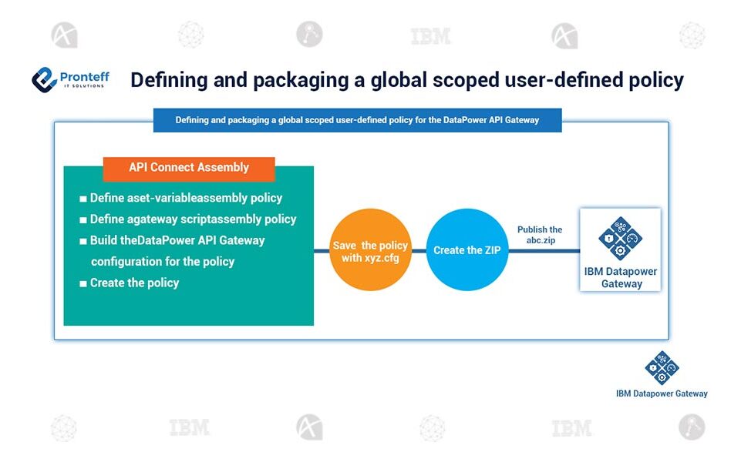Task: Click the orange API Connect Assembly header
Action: pos(189,167)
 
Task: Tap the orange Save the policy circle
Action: pos(370,251)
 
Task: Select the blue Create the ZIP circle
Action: pos(467,250)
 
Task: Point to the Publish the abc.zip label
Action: pos(539,234)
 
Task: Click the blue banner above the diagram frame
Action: pos(357,120)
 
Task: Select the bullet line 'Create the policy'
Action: pos(134,283)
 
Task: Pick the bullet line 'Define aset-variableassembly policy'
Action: pos(186,198)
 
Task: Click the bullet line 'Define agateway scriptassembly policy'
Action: pos(193,219)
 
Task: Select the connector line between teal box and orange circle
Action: pos(322,251)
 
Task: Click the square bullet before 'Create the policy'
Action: pos(83,283)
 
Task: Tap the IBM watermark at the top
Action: pos(431,35)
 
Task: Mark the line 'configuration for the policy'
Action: pos(163,261)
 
